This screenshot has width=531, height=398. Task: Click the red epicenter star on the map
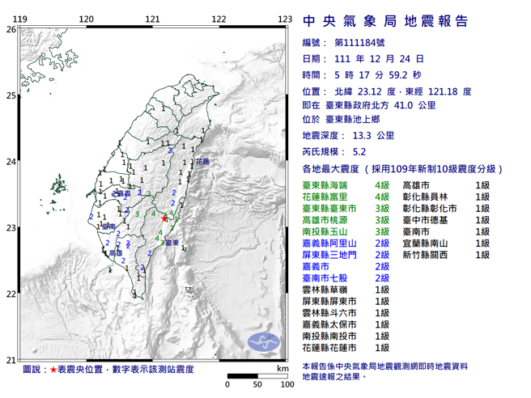164,218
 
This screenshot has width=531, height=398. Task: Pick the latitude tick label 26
11,29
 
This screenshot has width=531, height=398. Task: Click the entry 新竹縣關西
430,255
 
